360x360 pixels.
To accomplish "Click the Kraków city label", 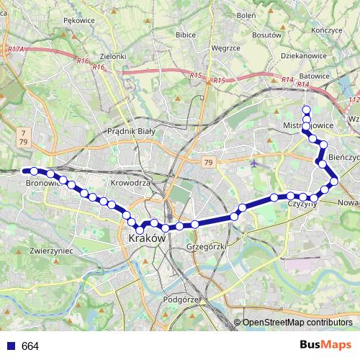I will (147, 238).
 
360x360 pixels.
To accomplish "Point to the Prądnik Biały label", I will (131, 131).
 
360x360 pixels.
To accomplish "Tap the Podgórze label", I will (181, 298).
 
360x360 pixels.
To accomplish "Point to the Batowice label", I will (315, 75).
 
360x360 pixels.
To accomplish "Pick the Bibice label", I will (186, 34).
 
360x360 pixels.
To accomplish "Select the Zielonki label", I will (113, 56).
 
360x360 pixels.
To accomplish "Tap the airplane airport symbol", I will (253, 163).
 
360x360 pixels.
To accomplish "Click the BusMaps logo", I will (326, 346).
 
